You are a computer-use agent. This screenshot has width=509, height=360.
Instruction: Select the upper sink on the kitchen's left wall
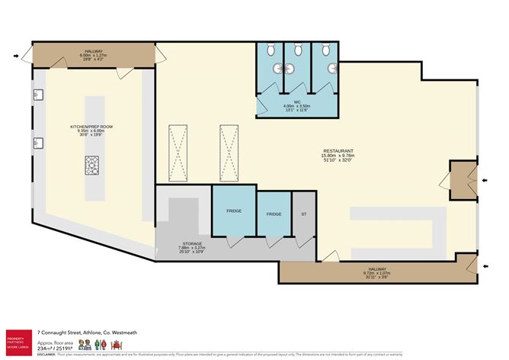tap(35, 96)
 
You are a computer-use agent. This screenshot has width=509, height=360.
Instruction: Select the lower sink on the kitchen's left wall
tap(35, 143)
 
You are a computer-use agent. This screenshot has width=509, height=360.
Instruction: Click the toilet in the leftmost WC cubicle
tap(271, 50)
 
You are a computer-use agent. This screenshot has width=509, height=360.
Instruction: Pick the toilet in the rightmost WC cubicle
tap(325, 50)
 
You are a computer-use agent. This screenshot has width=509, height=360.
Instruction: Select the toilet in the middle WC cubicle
tap(298, 50)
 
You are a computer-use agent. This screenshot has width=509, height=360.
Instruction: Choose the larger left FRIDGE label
tap(233, 211)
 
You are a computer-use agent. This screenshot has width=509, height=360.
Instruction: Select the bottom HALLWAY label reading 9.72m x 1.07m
tap(381, 272)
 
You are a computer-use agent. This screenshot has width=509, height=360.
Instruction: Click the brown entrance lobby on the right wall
tap(460, 179)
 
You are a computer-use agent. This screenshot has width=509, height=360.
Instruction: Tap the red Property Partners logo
tap(17, 339)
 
